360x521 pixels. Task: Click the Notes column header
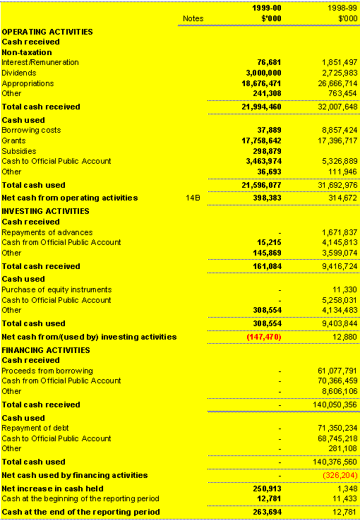pos(192,18)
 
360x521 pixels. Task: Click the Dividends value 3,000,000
pos(263,73)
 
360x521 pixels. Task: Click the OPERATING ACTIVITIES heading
pos(47,32)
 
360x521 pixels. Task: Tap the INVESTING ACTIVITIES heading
pos(46,211)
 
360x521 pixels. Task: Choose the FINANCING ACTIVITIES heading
pos(47,349)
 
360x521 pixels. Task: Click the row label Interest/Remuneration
pos(40,62)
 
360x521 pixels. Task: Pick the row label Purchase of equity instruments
pos(56,289)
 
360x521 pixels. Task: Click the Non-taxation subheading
pos(26,52)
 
